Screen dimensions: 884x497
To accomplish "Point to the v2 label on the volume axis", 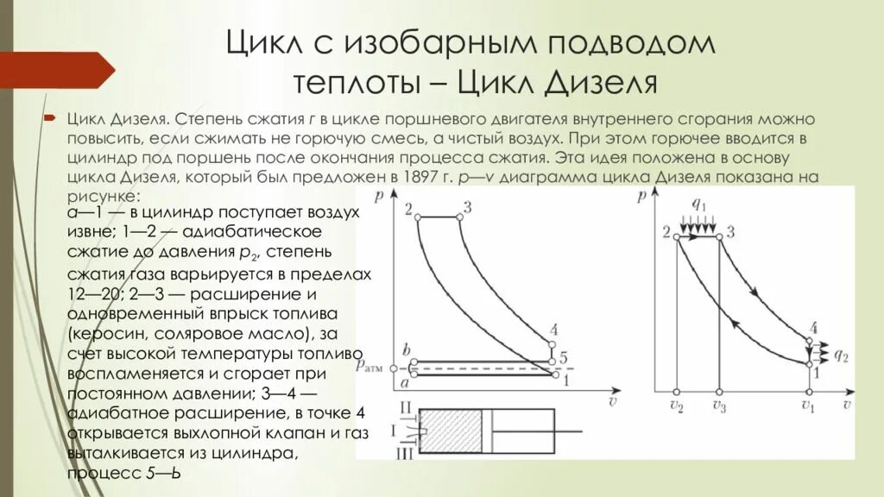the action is tap(676, 406).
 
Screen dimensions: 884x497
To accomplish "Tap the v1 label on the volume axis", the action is tap(808, 406).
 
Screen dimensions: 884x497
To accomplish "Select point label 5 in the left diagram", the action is tap(562, 358).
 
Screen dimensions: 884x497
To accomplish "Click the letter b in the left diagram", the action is tap(406, 349).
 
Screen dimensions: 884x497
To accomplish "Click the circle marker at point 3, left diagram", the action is tap(459, 218).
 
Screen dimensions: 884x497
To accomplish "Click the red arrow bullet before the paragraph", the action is tap(50, 116).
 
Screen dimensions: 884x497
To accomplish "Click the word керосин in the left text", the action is tap(106, 332).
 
